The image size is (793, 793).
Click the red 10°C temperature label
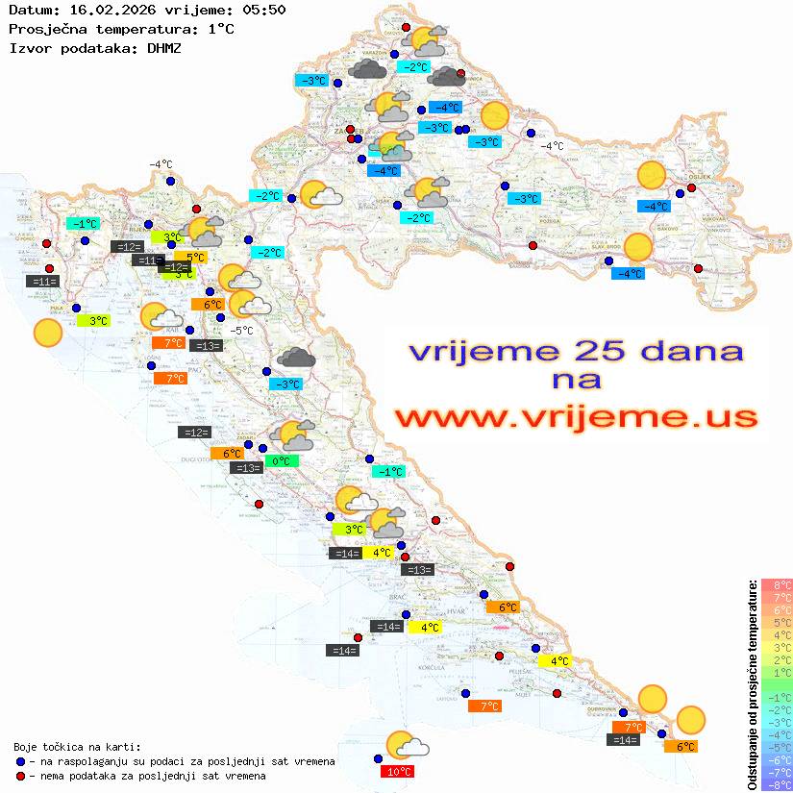pyautogui.click(x=400, y=771)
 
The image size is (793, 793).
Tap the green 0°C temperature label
pyautogui.click(x=282, y=461)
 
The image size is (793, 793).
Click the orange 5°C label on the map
pyautogui.click(x=195, y=257)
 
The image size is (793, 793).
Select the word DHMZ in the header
pyautogui.click(x=163, y=47)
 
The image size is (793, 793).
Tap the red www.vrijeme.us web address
pyautogui.click(x=576, y=417)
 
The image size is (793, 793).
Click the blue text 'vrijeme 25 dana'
pyautogui.click(x=576, y=352)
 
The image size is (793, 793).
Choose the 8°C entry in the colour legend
pyautogui.click(x=776, y=584)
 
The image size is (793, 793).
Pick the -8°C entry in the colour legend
pyautogui.click(x=776, y=784)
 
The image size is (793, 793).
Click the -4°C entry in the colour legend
pyautogui.click(x=776, y=734)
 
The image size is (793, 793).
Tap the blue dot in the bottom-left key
pyautogui.click(x=20, y=761)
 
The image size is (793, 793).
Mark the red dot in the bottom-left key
pyautogui.click(x=20, y=776)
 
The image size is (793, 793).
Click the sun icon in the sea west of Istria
pyautogui.click(x=47, y=334)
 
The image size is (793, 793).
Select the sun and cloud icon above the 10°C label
pyautogui.click(x=406, y=746)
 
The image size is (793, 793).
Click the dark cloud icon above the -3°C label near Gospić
pyautogui.click(x=296, y=358)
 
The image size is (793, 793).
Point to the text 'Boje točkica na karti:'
pyautogui.click(x=77, y=746)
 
